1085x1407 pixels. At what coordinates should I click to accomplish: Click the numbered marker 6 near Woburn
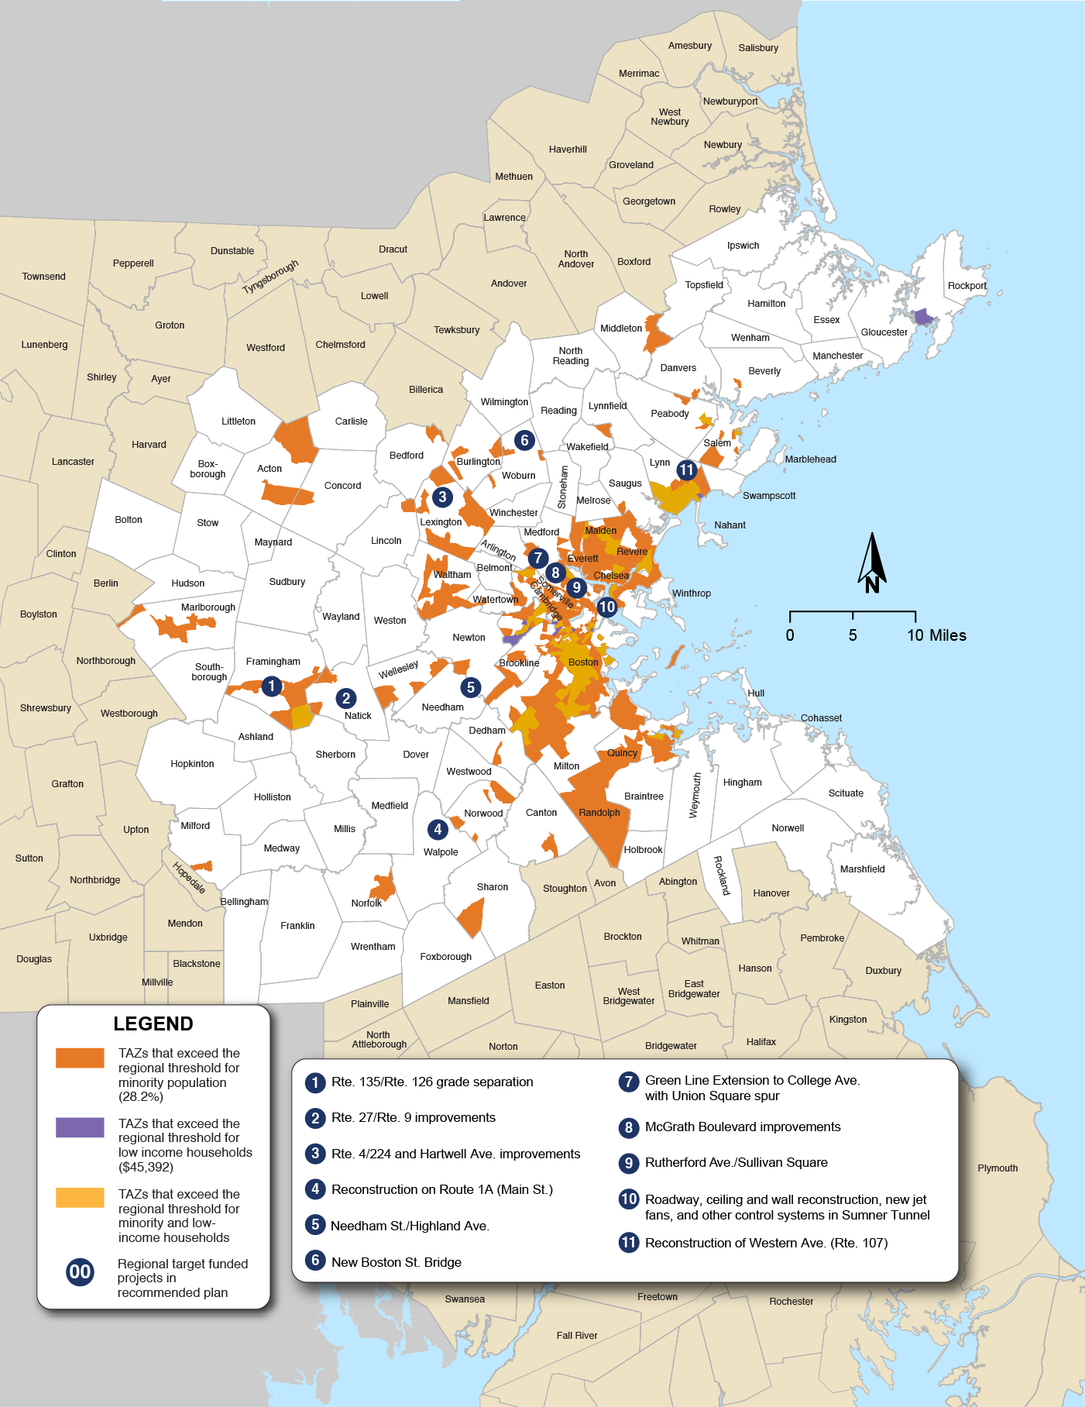click(524, 440)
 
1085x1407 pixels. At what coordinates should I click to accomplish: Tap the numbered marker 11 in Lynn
click(686, 470)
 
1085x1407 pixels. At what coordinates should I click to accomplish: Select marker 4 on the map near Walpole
click(438, 829)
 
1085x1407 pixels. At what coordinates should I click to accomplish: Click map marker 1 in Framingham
click(271, 686)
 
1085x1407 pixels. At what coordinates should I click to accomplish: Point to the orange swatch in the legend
click(80, 1058)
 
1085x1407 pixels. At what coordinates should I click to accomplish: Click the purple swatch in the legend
click(80, 1127)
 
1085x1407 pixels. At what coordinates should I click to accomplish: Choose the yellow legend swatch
click(80, 1197)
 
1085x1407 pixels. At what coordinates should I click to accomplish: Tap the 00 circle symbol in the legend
click(80, 1271)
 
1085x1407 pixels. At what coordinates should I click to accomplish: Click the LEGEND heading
click(153, 1023)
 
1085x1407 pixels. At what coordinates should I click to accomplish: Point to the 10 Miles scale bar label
click(936, 635)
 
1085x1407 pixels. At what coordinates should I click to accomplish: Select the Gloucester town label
click(884, 332)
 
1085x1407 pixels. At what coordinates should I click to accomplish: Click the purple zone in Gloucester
click(922, 317)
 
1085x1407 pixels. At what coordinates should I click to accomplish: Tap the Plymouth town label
click(997, 1168)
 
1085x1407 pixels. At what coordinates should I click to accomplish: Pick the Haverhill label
click(568, 150)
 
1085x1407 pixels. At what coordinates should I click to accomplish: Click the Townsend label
click(43, 277)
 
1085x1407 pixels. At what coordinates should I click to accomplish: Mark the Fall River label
click(576, 1335)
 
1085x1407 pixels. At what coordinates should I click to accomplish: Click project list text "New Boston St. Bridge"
click(396, 1262)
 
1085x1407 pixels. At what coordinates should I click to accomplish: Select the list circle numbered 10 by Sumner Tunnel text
click(628, 1199)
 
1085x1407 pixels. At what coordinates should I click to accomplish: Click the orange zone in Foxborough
click(472, 918)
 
